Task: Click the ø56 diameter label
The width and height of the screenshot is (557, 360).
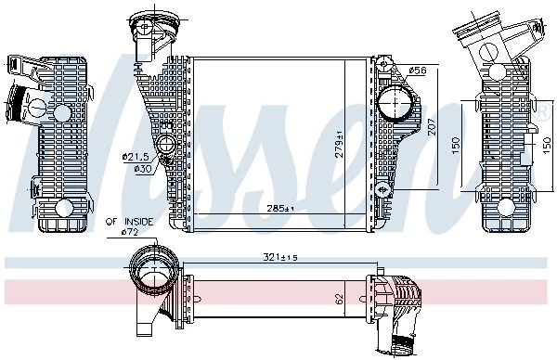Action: [417, 71]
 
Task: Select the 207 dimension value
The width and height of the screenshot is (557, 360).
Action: [432, 126]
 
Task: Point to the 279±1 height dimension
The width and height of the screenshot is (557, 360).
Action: [340, 144]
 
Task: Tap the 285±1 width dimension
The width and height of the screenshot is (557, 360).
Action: [280, 209]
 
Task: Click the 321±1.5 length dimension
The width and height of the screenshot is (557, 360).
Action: [280, 257]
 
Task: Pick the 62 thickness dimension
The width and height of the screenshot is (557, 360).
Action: [340, 299]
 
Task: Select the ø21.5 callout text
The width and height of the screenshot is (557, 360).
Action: [136, 157]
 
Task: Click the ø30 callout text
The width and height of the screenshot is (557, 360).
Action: [143, 169]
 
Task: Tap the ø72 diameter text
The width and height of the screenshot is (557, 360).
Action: [130, 232]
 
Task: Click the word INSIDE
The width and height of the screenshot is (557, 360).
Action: [139, 222]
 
